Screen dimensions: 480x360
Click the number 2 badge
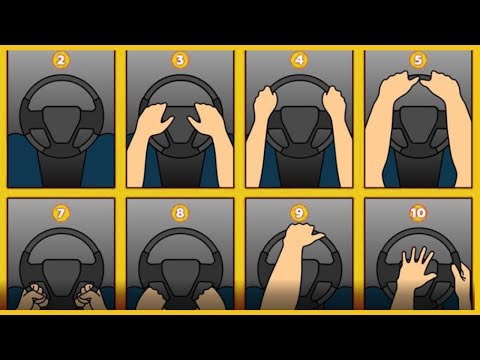click(x=61, y=60)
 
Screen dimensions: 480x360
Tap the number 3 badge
click(x=180, y=60)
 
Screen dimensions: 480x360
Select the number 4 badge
click(x=299, y=60)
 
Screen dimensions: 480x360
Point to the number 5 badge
click(x=418, y=60)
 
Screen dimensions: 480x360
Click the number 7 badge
click(x=61, y=213)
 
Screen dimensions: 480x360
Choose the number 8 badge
click(x=180, y=213)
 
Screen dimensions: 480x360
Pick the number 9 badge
click(x=299, y=213)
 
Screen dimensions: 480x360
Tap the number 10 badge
click(x=418, y=213)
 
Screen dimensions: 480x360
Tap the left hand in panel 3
click(x=153, y=121)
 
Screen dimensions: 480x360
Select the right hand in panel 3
click(x=207, y=121)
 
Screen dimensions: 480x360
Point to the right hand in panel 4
click(x=334, y=103)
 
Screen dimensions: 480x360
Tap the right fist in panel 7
click(x=87, y=296)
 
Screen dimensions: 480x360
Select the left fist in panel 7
click(x=34, y=296)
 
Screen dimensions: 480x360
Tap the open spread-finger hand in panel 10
click(x=415, y=271)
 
